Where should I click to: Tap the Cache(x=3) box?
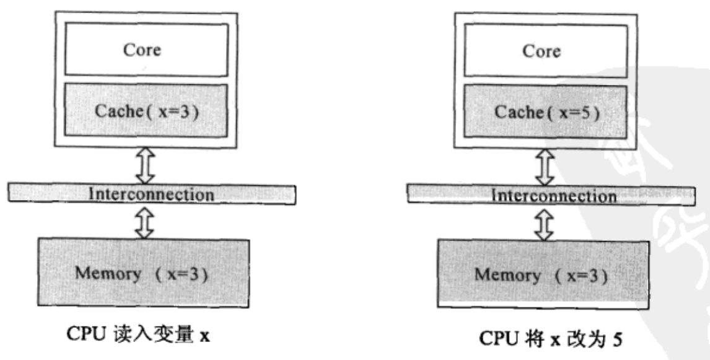tap(142, 112)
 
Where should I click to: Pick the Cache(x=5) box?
tap(540, 113)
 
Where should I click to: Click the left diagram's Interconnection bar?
tap(152, 194)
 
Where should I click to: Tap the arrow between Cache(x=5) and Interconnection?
tap(543, 165)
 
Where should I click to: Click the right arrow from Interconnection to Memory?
tap(543, 223)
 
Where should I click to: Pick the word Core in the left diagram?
tap(142, 50)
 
